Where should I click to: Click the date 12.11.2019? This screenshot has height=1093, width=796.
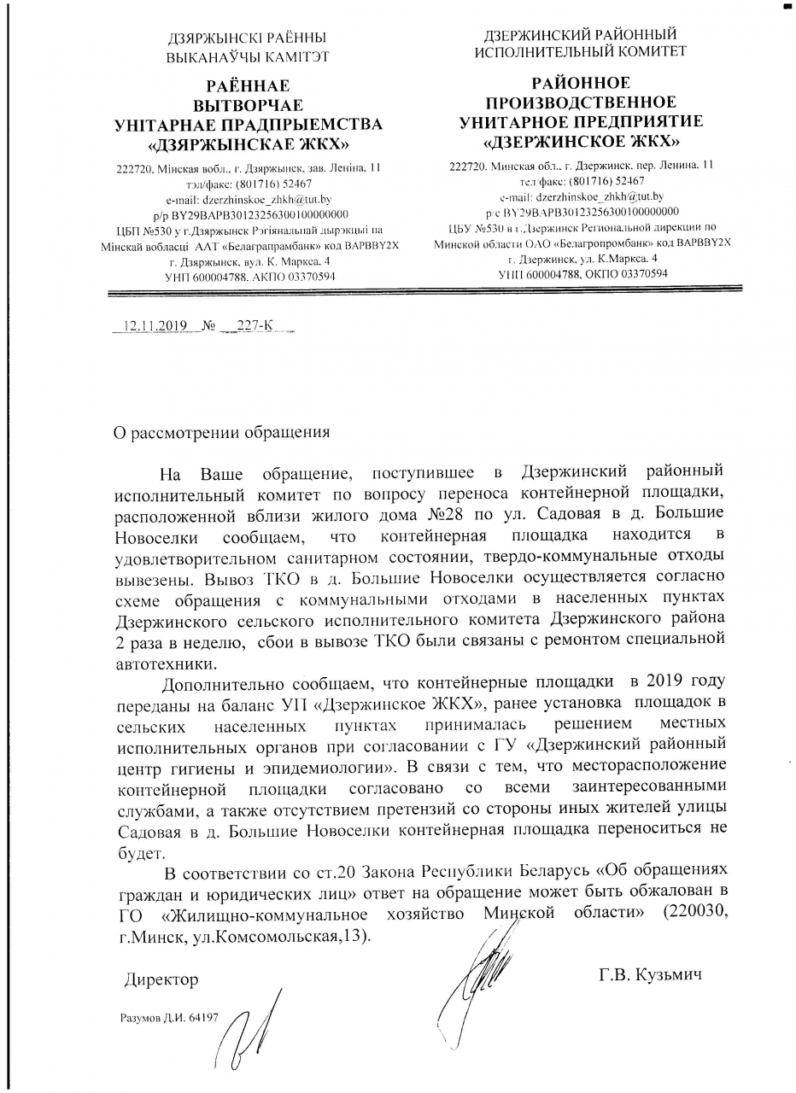tap(156, 326)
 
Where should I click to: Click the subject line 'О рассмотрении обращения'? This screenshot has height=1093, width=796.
tap(222, 431)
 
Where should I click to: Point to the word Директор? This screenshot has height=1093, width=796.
tap(162, 979)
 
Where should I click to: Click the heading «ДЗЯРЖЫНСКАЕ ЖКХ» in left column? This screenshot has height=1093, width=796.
tap(249, 143)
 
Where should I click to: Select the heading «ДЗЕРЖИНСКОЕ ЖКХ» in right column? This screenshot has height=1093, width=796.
tap(581, 139)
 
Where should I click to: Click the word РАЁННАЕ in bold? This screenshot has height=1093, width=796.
tap(249, 86)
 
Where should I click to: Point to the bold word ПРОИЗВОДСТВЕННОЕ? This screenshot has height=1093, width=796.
tap(581, 102)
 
